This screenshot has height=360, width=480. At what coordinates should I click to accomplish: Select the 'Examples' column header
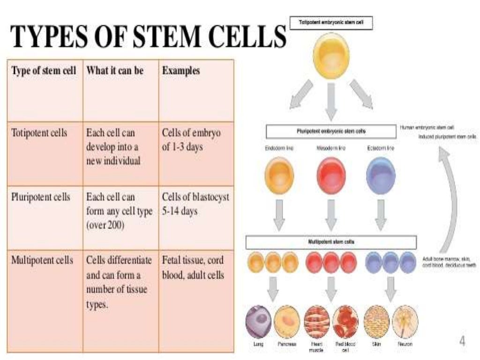coord(181,71)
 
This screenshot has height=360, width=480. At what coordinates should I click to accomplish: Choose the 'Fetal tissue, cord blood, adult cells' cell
coord(193,267)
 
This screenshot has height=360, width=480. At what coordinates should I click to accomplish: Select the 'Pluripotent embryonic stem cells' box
coord(331,131)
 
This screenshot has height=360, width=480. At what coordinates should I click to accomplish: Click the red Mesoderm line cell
coord(331,175)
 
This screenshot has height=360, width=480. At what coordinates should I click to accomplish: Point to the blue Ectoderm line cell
coord(381,175)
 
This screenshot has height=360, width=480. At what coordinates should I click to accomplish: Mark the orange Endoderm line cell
coord(279,175)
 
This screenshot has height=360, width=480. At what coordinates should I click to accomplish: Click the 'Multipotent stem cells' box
coord(331,242)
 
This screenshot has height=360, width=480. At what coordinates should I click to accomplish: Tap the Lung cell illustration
coord(259,321)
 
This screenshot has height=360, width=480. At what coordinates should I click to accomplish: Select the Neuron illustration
coord(405,321)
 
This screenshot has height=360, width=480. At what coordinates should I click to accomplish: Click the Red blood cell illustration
coord(345,321)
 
